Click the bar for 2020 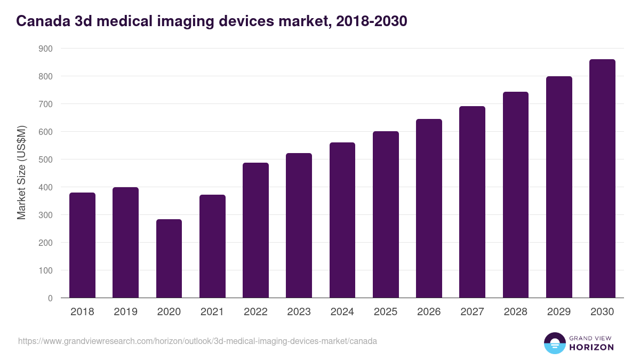[x=169, y=259]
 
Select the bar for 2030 [x=602, y=179]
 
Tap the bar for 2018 [x=82, y=245]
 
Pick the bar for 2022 [x=255, y=230]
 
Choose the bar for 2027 [x=472, y=202]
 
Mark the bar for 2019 [x=125, y=243]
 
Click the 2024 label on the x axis [x=342, y=312]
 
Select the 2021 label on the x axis [x=212, y=312]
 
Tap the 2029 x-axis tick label [x=558, y=312]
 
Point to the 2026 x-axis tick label [x=428, y=312]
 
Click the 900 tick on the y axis [x=46, y=49]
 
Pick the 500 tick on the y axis [x=46, y=159]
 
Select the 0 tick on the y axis [x=50, y=298]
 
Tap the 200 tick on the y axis [x=46, y=243]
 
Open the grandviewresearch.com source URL [x=197, y=341]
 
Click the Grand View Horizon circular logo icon [x=554, y=343]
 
